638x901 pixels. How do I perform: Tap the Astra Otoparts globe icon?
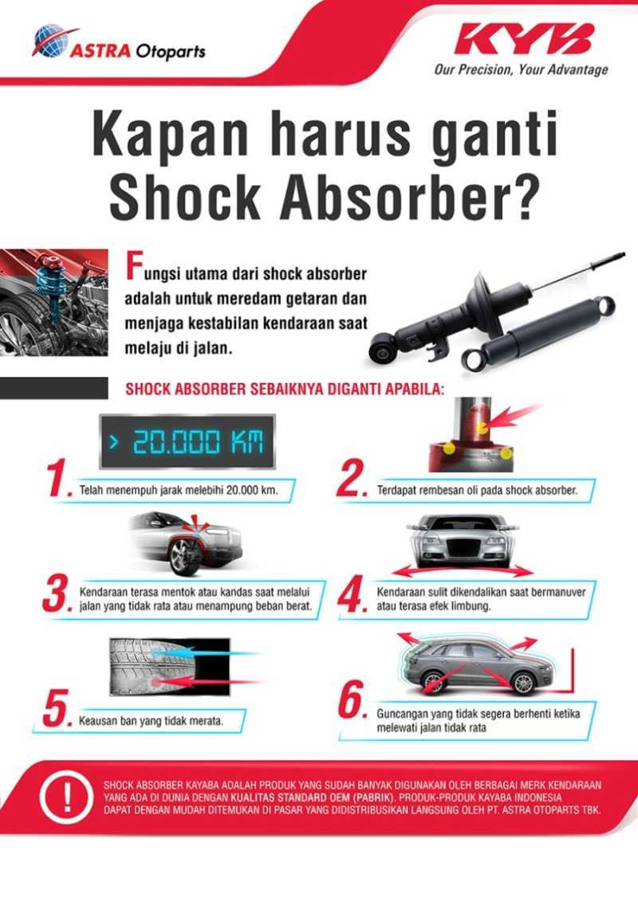49,42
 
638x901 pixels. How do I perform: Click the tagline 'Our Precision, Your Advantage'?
521,70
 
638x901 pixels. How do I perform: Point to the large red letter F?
133,269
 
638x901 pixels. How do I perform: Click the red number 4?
352,596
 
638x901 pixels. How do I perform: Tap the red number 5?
57,711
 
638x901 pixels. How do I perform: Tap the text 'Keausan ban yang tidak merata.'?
150,720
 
